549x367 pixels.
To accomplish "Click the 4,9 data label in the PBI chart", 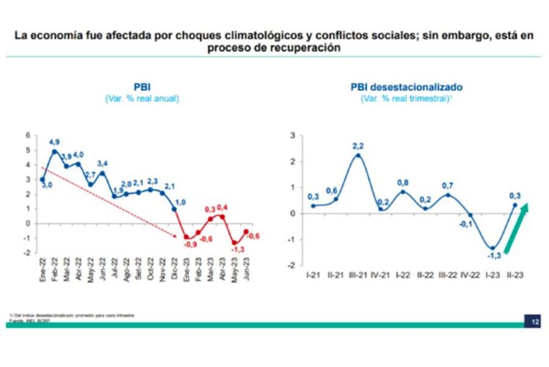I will [54, 142].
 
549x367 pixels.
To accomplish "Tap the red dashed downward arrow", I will [108, 203].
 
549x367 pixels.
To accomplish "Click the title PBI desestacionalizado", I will [407, 87].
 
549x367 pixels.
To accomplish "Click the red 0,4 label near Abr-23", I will [222, 208].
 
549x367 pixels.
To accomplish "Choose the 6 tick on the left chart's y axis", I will [28, 135].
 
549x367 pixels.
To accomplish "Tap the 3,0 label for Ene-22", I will [46, 186].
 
